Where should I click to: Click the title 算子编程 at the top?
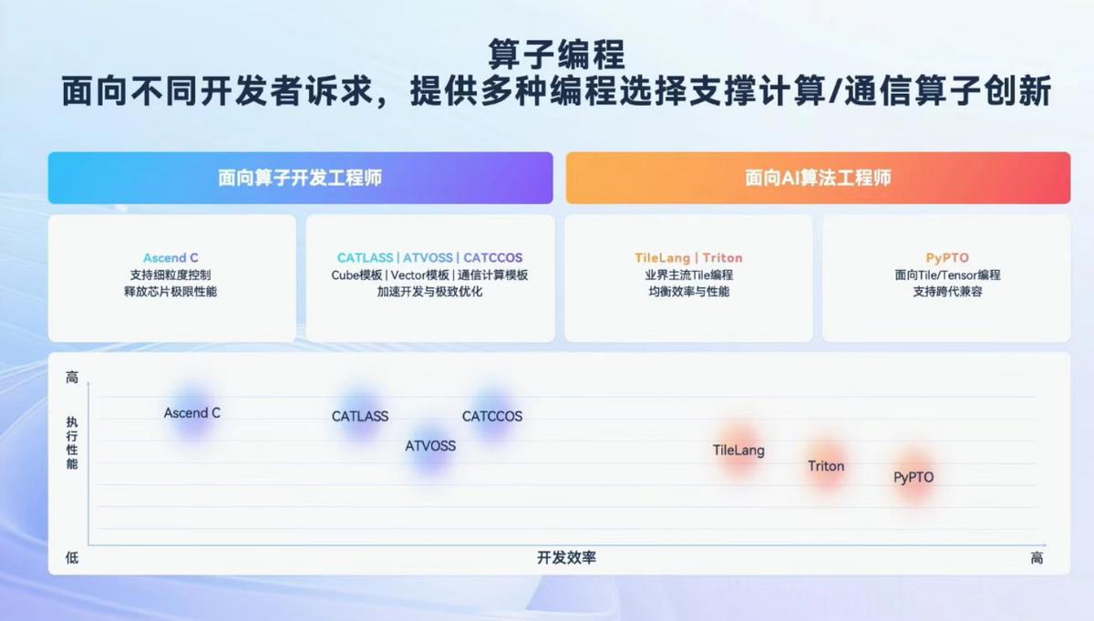(x=557, y=54)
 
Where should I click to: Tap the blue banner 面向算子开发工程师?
(x=300, y=178)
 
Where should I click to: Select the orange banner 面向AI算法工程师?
(x=818, y=178)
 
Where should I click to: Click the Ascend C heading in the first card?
(x=170, y=257)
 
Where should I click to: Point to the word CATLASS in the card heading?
(x=365, y=257)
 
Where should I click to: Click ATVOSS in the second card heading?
(x=428, y=257)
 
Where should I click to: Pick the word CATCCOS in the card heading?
(x=493, y=257)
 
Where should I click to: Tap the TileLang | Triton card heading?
(x=688, y=257)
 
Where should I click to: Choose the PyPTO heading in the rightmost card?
(x=947, y=257)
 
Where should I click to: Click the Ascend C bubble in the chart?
(x=192, y=413)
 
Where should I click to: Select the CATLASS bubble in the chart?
(x=360, y=417)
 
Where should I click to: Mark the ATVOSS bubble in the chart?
(x=430, y=446)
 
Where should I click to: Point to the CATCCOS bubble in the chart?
(x=492, y=417)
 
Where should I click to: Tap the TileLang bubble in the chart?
(x=738, y=450)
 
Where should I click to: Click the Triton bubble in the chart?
(x=826, y=466)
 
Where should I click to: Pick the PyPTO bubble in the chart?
(x=913, y=477)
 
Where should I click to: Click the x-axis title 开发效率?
(x=566, y=557)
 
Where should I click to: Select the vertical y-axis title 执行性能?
(x=72, y=443)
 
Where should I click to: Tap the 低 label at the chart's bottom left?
(x=72, y=557)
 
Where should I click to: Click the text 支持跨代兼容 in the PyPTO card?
(x=947, y=292)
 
